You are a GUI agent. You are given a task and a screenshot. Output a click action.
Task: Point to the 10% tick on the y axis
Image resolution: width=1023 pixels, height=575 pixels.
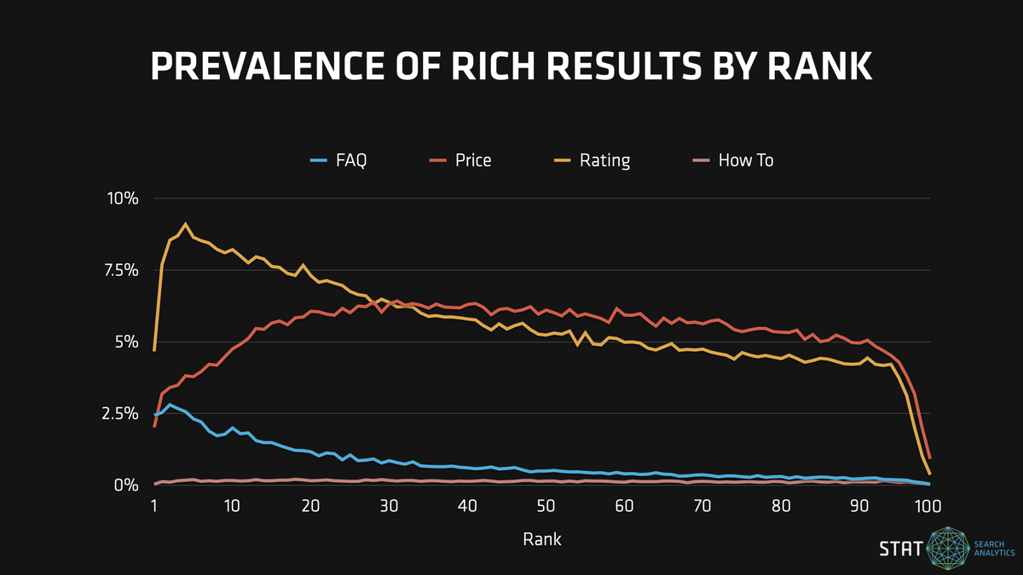coord(121,198)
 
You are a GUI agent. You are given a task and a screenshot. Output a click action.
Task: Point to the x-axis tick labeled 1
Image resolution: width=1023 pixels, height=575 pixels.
coord(154,506)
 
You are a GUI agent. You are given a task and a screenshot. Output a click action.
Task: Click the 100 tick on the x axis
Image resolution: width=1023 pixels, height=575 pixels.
coord(928,506)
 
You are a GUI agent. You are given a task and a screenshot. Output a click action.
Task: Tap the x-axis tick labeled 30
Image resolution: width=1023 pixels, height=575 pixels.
coord(389,506)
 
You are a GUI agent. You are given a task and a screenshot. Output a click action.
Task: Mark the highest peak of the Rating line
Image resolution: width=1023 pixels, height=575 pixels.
coord(185,224)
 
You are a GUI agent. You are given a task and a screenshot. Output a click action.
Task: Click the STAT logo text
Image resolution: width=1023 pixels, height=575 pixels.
coord(900,549)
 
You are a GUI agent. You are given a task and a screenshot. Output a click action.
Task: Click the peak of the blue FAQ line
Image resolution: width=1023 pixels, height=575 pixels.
coord(170,405)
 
